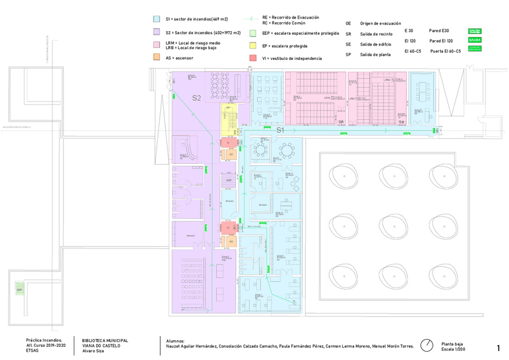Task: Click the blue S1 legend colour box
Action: (157, 19)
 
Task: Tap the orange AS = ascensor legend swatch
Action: (157, 58)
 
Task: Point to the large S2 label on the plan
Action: (196, 98)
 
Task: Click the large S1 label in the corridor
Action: (280, 130)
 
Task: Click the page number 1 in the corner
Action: (498, 347)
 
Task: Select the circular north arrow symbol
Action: (427, 345)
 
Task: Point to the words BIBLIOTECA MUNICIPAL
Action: (105, 340)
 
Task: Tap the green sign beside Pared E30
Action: (475, 31)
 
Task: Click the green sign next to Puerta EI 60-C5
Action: (475, 48)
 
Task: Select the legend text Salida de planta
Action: (375, 55)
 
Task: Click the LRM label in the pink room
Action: (328, 97)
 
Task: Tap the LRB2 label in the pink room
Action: (387, 80)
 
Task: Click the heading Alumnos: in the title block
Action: (176, 341)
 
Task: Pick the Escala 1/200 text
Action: (453, 349)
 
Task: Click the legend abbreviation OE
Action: (348, 23)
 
